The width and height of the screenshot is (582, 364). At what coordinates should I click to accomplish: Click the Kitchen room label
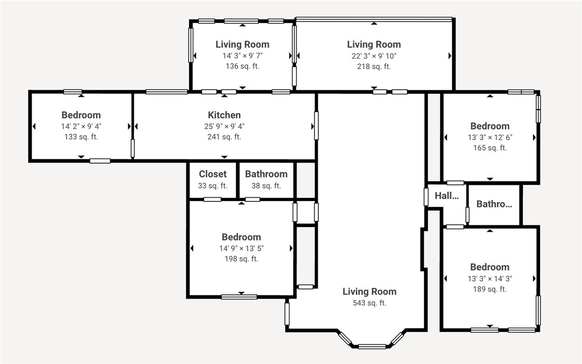tap(224, 115)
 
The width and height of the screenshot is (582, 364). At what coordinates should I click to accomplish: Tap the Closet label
tap(213, 174)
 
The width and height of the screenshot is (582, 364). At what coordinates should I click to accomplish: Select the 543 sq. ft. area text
tap(369, 303)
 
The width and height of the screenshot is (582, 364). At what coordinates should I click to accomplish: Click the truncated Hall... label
tap(447, 196)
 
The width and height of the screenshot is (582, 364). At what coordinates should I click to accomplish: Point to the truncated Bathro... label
tap(494, 204)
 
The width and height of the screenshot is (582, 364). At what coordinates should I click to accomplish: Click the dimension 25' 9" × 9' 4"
tap(224, 126)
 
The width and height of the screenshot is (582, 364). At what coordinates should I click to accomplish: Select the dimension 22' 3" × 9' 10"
tap(374, 56)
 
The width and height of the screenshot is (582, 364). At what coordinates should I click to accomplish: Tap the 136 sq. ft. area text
tap(242, 66)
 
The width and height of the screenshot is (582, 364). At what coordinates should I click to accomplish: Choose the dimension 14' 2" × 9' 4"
tap(81, 126)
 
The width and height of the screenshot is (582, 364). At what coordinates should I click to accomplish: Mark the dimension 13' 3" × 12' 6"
tap(490, 137)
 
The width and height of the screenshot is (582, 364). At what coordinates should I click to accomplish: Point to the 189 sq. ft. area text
tap(490, 289)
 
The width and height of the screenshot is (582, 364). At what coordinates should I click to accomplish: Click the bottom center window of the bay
tap(372, 346)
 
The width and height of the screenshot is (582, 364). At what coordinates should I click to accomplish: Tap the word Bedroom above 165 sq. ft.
tap(490, 126)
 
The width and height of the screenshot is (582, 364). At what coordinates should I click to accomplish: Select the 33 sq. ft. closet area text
tap(213, 185)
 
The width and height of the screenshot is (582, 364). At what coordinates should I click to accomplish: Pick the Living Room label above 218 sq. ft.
tap(374, 44)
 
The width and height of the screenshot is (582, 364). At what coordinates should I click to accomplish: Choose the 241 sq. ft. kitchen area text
tap(224, 137)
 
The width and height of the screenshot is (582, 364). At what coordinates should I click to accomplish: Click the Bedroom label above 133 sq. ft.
tap(81, 115)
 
